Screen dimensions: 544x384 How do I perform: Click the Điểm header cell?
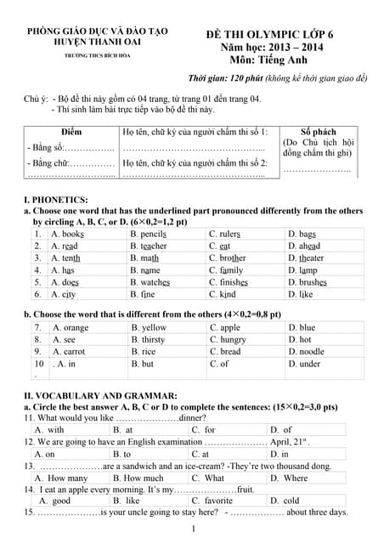coord(71,132)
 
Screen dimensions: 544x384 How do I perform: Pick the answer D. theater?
coord(306,258)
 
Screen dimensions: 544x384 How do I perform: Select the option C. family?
coord(225,270)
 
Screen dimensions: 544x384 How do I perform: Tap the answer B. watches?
coord(150,282)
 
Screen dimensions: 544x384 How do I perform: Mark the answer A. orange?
coord(70,327)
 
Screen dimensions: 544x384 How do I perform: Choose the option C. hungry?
coord(228,339)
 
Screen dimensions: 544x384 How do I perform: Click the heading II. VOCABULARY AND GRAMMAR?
coord(100,395)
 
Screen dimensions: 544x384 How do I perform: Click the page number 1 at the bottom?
coord(194,530)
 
